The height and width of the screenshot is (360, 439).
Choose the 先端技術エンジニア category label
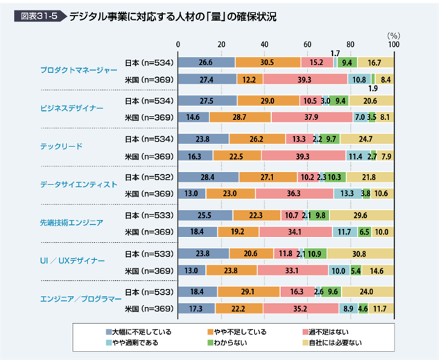(x=71, y=223)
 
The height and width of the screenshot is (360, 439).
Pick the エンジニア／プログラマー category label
(x=78, y=299)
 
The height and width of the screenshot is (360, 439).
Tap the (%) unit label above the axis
(x=393, y=34)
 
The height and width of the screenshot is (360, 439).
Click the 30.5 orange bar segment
(x=268, y=62)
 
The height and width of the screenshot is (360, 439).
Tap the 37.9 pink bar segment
(x=312, y=117)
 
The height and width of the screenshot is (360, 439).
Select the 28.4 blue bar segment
(x=209, y=176)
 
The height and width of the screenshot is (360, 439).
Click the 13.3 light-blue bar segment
(x=347, y=194)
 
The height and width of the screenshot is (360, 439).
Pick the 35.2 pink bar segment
(x=301, y=308)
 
